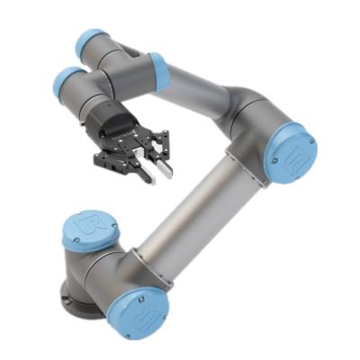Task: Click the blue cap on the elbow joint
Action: click(x=292, y=154)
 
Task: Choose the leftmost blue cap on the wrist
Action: click(x=67, y=82)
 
